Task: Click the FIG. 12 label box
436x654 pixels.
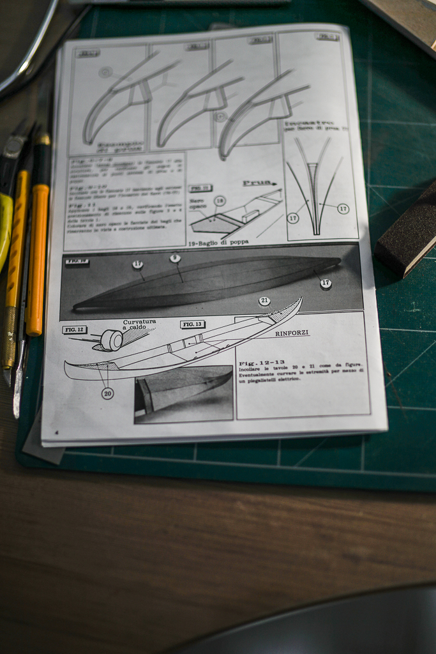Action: pos(75,330)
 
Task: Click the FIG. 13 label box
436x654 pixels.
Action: pos(193,324)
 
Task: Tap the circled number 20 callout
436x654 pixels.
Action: pos(107,393)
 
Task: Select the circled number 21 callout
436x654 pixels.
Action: pos(264,301)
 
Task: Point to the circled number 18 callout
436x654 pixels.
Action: pos(220,201)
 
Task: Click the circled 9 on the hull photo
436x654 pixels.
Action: pos(175,258)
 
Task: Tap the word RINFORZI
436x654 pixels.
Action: pos(292,333)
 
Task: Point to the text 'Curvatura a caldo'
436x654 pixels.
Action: pos(139,325)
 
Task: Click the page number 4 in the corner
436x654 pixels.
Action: pos(56,432)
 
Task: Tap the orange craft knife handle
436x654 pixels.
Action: pos(37,255)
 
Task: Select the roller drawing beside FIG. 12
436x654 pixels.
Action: pos(111,340)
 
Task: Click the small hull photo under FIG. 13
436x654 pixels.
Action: pos(184,393)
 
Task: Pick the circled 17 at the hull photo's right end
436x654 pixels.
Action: pos(326,284)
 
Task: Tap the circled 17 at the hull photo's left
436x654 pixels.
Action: pos(137,264)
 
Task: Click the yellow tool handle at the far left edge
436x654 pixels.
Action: pos(6,230)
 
